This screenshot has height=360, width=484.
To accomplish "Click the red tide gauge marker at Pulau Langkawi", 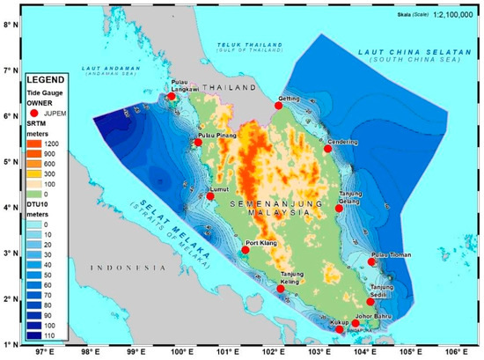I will (x=172, y=97).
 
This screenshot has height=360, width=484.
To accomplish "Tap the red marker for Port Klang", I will (x=246, y=251).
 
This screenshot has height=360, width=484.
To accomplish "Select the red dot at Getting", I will (x=278, y=106).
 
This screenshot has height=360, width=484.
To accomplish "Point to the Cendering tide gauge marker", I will (x=327, y=149).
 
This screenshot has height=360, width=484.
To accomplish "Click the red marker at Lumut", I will (x=210, y=196).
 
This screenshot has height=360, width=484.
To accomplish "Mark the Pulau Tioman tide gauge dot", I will (x=372, y=262).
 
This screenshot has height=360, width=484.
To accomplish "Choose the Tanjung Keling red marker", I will (x=281, y=289).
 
